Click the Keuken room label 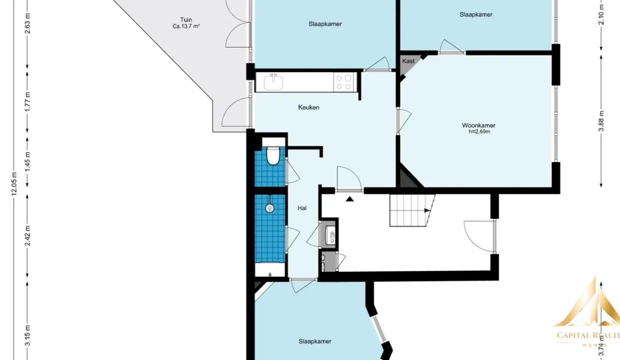(308, 107)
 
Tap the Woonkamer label (478, 125)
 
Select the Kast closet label (408, 61)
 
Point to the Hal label (302, 208)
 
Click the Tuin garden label (186, 20)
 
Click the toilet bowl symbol (273, 156)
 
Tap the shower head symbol (270, 208)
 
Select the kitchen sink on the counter (273, 82)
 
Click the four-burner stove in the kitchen (344, 82)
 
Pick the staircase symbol (412, 210)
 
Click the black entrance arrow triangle (350, 198)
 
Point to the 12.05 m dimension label (14, 183)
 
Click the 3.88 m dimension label (601, 121)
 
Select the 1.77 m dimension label (27, 102)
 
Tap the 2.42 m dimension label (27, 236)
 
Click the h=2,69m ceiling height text (479, 131)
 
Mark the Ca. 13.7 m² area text (186, 26)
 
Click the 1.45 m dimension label (27, 161)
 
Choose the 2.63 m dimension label (27, 23)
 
